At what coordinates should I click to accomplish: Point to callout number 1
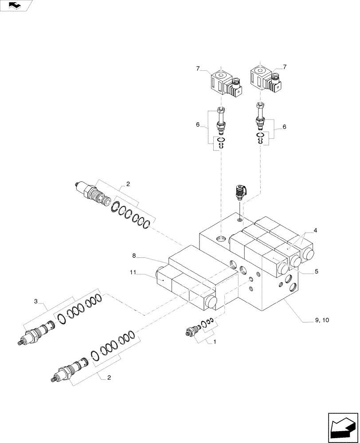(215, 342)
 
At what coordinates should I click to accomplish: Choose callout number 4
(315, 230)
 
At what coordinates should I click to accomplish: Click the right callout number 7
(285, 67)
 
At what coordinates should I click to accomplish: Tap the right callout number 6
(284, 127)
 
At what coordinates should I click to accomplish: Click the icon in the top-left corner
(16, 5)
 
